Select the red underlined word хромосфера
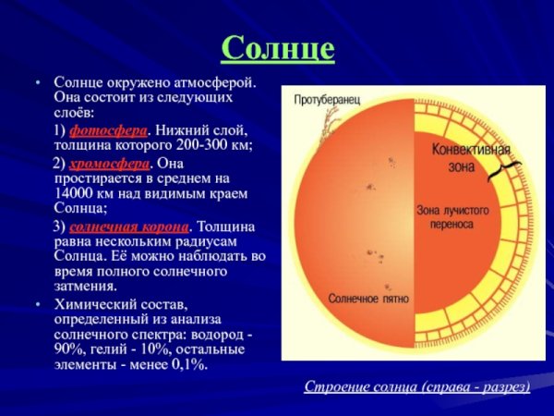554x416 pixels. pyautogui.click(x=112, y=162)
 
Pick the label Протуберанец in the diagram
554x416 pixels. pyautogui.click(x=327, y=100)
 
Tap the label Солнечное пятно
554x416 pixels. pyautogui.click(x=368, y=300)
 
